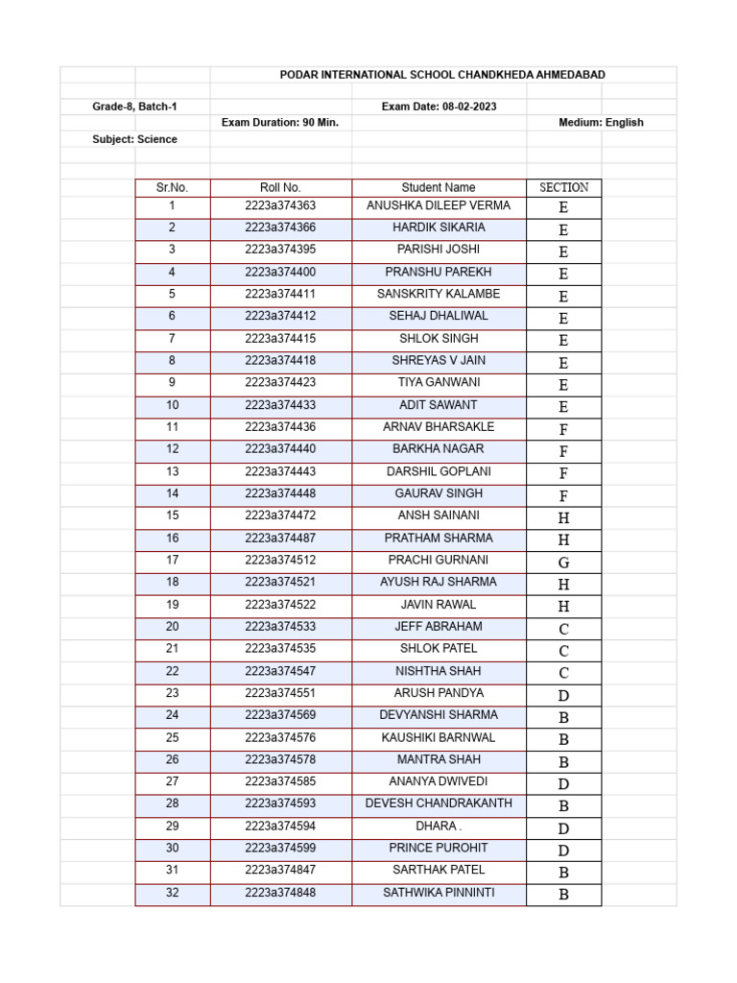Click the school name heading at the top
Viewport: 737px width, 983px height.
point(442,75)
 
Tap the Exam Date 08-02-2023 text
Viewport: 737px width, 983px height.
point(439,107)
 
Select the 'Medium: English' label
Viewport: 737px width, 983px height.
point(601,123)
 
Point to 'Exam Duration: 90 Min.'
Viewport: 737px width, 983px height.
point(280,123)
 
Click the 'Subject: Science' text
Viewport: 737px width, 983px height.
point(134,139)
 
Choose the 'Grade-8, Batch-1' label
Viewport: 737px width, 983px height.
point(134,107)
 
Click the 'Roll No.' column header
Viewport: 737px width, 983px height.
point(280,188)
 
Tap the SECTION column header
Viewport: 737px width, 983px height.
point(563,188)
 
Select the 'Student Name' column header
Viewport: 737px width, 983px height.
point(439,188)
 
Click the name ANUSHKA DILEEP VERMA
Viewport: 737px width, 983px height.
point(439,205)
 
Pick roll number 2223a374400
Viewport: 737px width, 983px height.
point(280,273)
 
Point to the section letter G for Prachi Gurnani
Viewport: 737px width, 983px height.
point(563,563)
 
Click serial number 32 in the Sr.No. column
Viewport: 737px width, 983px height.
point(173,893)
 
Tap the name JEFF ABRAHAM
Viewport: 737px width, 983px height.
point(439,627)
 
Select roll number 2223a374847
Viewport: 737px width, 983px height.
point(280,871)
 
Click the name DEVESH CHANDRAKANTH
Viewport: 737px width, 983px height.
point(439,803)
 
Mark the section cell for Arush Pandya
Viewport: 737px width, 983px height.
point(563,696)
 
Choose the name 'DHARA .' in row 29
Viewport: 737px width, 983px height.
point(439,827)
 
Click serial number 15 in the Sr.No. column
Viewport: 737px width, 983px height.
point(173,515)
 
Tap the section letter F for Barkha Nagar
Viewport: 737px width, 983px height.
point(563,451)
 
